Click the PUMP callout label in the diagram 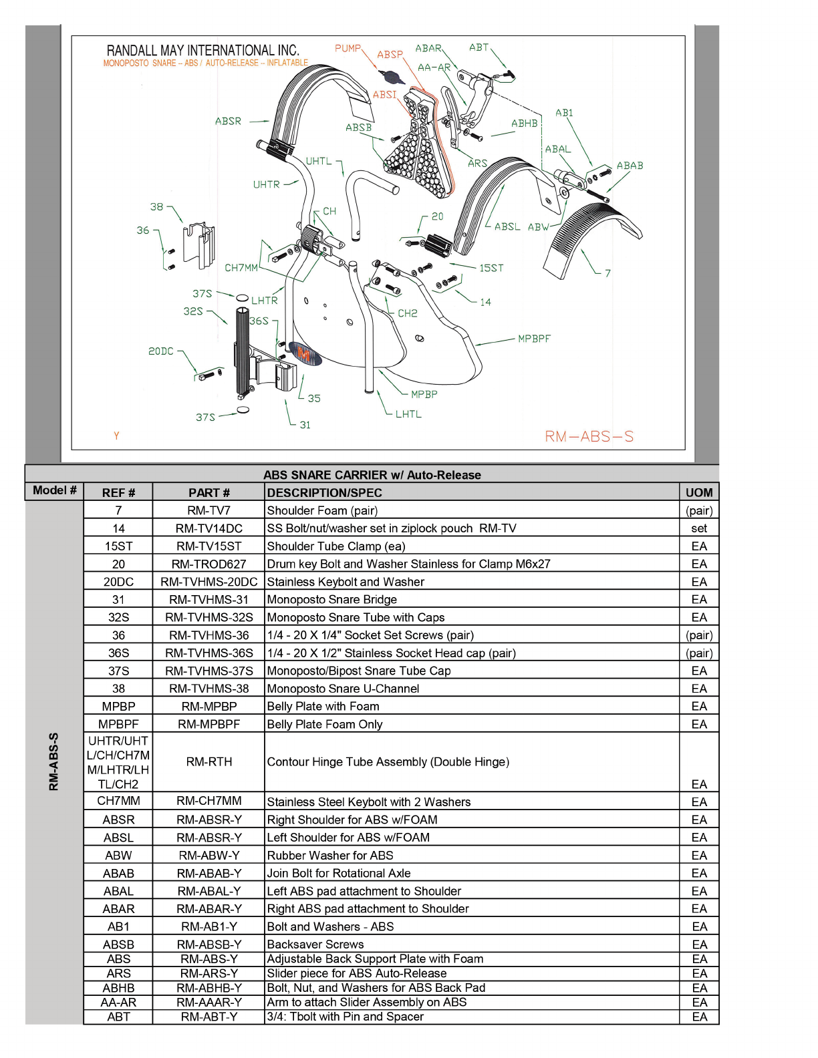348,48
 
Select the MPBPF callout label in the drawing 534,339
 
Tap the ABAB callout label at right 630,166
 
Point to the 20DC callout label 161,351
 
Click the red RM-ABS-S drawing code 589,437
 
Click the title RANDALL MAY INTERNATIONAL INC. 203,51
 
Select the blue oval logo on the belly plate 305,354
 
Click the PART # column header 209,493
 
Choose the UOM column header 699,493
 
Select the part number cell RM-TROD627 209,564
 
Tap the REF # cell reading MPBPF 118,724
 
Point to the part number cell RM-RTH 209,762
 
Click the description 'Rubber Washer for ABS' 330,856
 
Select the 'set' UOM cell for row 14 699,528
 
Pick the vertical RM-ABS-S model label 54,761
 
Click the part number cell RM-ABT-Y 209,1017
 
